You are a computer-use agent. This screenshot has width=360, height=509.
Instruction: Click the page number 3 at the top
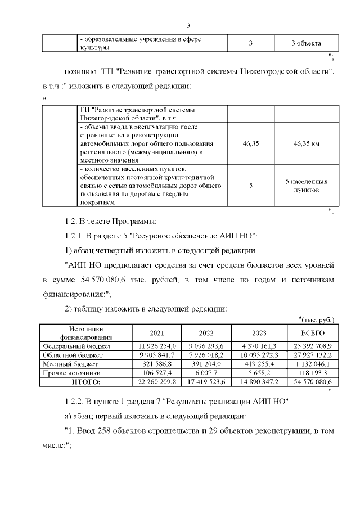click(x=189, y=25)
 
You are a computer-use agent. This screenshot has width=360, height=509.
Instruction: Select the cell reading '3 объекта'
click(x=306, y=44)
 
